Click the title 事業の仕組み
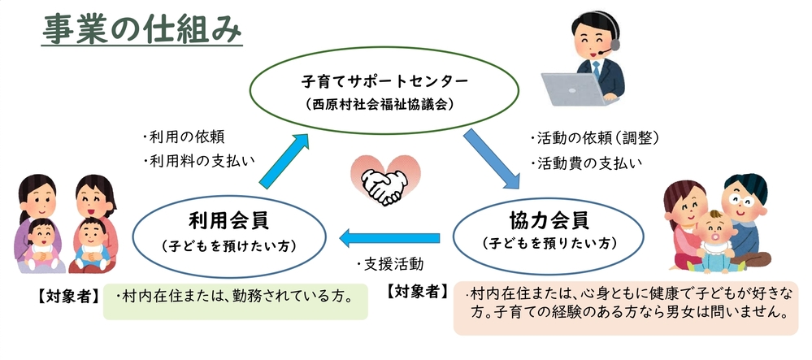[x=141, y=28]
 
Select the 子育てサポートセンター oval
[x=384, y=48]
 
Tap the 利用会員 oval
[x=229, y=197]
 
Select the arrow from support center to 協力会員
[x=492, y=158]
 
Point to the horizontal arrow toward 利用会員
[x=389, y=238]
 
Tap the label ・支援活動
[x=389, y=265]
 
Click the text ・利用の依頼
[x=183, y=137]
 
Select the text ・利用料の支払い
[x=199, y=161]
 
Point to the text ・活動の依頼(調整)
[x=594, y=138]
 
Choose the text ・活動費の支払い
[x=586, y=163]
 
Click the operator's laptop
[x=575, y=89]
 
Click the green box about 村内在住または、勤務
[x=236, y=301]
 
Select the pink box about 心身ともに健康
[x=626, y=308]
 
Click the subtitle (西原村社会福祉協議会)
[x=384, y=103]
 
